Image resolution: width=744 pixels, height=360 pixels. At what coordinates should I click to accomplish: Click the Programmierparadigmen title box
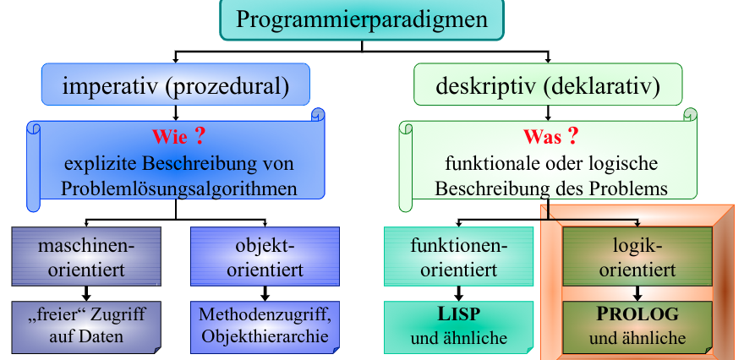[x=362, y=19]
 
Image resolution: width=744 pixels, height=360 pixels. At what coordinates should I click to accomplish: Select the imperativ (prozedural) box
[x=176, y=85]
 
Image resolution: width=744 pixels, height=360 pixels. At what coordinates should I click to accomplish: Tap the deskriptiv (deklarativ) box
[x=548, y=85]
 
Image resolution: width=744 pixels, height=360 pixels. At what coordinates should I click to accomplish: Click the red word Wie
[x=167, y=135]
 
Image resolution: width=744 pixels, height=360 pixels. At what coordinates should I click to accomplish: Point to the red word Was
[x=542, y=135]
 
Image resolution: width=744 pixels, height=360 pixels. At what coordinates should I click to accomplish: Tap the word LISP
[x=459, y=314]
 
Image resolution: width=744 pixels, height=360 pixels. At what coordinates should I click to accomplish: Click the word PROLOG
[x=637, y=314]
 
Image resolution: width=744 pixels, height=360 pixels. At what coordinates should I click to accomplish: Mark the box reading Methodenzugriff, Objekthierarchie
[x=265, y=325]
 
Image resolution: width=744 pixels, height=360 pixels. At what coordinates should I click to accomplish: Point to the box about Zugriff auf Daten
[x=86, y=325]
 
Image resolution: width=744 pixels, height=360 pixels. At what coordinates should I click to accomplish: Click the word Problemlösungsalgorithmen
[x=178, y=188]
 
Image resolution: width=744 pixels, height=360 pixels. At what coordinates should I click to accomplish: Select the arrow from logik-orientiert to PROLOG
[x=637, y=294]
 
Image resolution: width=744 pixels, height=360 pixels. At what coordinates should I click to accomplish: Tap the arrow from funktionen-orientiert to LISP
[x=459, y=294]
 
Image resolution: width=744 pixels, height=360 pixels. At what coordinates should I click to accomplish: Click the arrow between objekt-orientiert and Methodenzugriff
[x=265, y=294]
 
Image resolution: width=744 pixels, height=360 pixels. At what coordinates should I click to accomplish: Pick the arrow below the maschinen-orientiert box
[x=86, y=294]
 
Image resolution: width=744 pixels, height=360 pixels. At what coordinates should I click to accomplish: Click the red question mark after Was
[x=572, y=134]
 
